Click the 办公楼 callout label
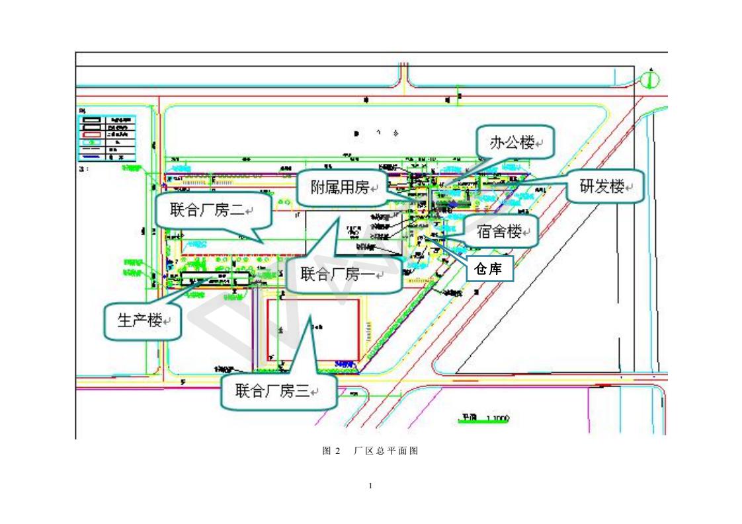[x=512, y=142]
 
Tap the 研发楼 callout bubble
[x=602, y=186]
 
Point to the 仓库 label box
[x=491, y=268]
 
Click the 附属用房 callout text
[x=339, y=187]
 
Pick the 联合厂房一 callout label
[x=337, y=274]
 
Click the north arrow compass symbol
[x=651, y=80]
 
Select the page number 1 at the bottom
[x=371, y=486]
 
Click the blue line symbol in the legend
[x=91, y=157]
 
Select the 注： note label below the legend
[x=83, y=168]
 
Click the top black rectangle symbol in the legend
[x=91, y=120]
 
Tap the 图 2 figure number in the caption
[x=331, y=451]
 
